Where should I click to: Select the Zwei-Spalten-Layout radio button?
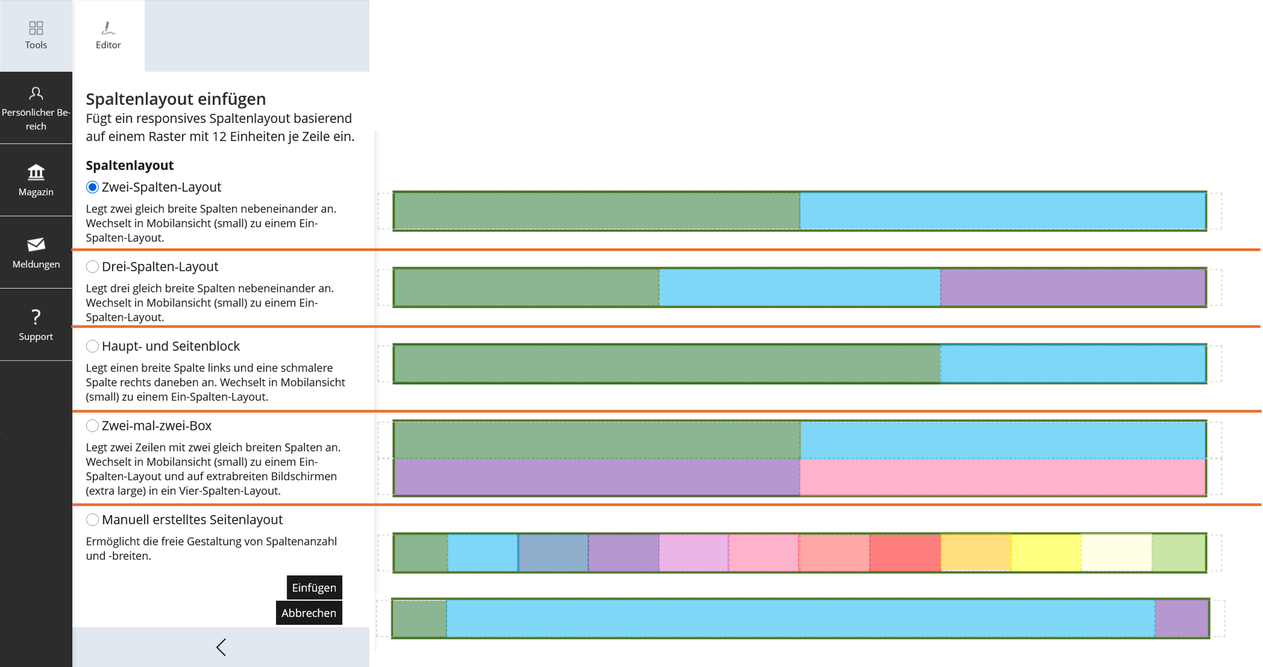[x=92, y=187]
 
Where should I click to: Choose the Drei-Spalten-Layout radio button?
[x=92, y=266]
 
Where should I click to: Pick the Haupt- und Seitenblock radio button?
[x=92, y=346]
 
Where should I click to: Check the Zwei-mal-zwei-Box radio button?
[x=92, y=425]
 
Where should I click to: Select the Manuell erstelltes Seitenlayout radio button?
[x=92, y=519]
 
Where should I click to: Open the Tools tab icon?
[x=36, y=28]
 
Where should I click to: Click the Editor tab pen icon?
[x=108, y=28]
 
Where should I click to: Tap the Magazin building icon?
[x=36, y=172]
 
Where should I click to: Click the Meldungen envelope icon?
[x=36, y=244]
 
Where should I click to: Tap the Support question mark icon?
[x=36, y=317]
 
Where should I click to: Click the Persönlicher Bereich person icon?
[x=36, y=93]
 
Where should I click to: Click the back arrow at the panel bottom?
[x=221, y=647]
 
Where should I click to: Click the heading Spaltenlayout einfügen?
[x=176, y=99]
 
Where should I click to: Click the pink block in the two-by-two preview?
[x=1003, y=477]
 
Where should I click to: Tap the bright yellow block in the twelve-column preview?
[x=1046, y=552]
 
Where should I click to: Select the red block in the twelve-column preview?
[x=905, y=552]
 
